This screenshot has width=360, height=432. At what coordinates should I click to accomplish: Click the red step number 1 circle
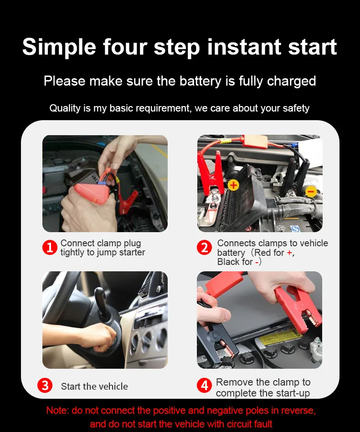click(x=50, y=247)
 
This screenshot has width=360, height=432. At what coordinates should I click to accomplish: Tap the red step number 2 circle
click(x=205, y=247)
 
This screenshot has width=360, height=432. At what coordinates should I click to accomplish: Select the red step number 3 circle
click(x=45, y=386)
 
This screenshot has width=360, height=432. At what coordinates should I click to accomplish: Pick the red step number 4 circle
click(x=205, y=386)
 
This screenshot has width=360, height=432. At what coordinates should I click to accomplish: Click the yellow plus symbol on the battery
click(x=233, y=185)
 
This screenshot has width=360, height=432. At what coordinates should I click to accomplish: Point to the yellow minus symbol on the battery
click(x=311, y=191)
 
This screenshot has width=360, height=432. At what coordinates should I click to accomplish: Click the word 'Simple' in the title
click(x=59, y=47)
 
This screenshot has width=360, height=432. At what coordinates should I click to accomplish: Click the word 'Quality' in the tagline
click(x=65, y=108)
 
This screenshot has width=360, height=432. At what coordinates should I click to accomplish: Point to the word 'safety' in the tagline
click(x=296, y=108)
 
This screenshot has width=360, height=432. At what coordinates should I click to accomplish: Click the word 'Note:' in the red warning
click(x=57, y=411)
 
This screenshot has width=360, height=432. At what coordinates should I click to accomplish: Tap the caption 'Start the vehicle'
click(x=94, y=386)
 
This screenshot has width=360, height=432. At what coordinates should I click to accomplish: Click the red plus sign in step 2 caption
click(x=289, y=253)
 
